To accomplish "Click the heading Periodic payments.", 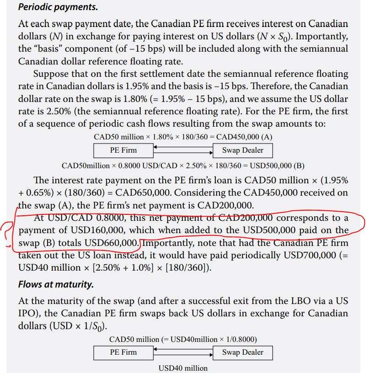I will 58,7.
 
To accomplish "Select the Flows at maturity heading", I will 56,284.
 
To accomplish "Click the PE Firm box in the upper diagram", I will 123,150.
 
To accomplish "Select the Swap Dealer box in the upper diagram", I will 243,150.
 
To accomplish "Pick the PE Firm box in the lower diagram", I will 123,352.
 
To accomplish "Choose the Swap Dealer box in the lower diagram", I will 243,352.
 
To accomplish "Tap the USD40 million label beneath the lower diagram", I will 183,368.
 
